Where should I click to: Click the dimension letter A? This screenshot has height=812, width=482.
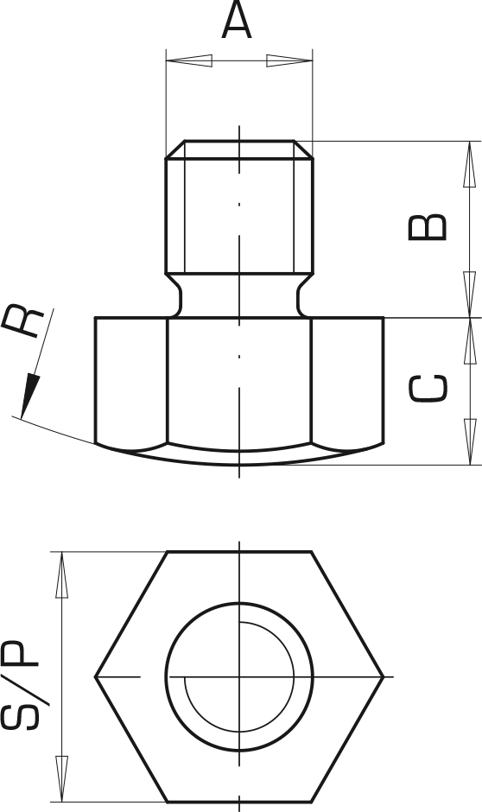click(237, 20)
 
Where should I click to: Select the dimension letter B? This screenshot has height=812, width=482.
click(428, 227)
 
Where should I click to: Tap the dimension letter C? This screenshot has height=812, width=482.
click(428, 388)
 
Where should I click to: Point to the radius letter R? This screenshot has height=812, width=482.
click(22, 321)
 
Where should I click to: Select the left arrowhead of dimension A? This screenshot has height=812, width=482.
click(189, 60)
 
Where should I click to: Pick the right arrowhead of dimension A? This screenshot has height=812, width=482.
click(289, 60)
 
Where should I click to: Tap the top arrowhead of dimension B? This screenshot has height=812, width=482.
click(469, 163)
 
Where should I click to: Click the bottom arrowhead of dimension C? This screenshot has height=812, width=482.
click(470, 441)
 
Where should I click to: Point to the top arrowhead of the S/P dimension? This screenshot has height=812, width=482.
click(61, 574)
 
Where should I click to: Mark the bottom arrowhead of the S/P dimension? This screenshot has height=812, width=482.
click(61, 779)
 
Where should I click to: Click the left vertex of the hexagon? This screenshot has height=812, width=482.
click(95, 677)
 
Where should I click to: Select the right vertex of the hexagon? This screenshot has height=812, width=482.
click(384, 677)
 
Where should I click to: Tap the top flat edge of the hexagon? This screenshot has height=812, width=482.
click(239, 552)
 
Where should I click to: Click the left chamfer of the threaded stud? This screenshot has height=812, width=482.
click(175, 149)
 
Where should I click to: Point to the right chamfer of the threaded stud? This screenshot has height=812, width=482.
click(303, 149)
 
